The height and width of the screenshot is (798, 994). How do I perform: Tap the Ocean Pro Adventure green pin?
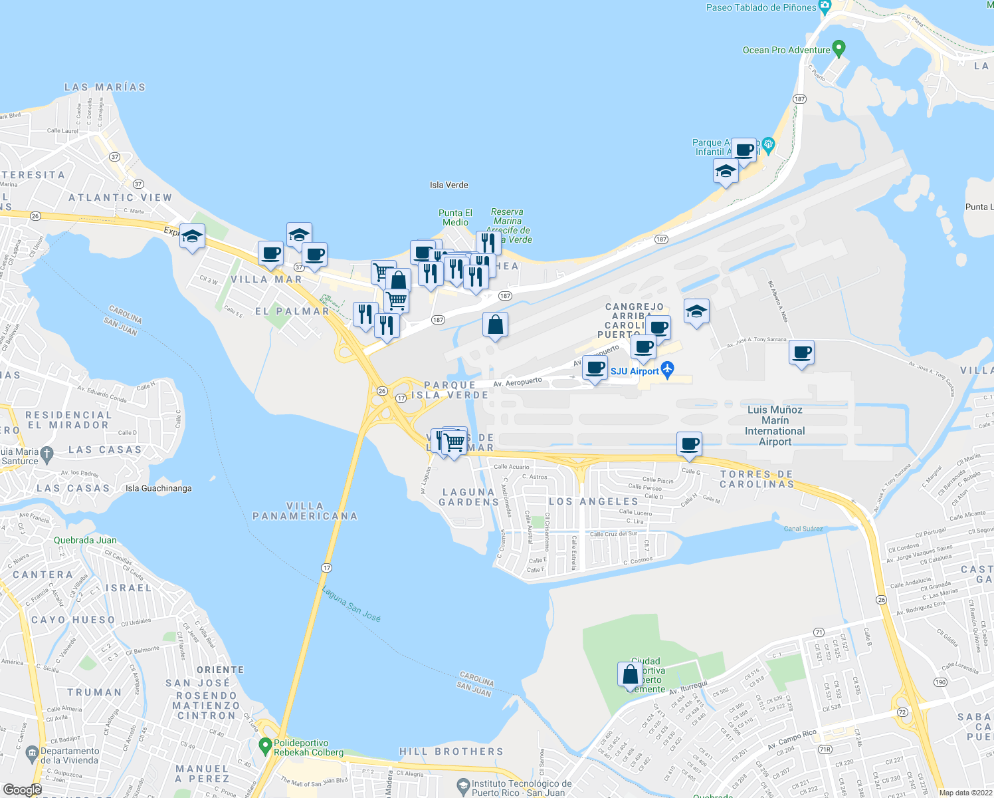coord(839,48)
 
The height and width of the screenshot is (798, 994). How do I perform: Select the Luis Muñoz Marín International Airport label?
coord(775,426)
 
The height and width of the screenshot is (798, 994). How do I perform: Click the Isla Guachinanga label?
coord(159,488)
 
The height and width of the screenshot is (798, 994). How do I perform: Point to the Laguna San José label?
coord(351,603)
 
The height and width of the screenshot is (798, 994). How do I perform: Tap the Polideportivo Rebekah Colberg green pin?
coord(265,744)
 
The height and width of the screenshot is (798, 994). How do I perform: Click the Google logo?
coord(22,790)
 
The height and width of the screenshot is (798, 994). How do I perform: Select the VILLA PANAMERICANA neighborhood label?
coord(305,511)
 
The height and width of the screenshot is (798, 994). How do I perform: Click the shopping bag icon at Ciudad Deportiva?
coord(630,675)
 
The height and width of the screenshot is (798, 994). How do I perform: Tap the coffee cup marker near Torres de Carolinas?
coord(690,444)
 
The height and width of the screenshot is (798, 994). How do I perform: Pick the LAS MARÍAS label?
coord(105,87)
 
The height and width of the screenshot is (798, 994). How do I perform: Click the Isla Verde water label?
coord(449,185)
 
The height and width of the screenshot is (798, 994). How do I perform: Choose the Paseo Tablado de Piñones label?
coord(761,7)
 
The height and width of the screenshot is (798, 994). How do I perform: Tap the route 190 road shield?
coord(940,682)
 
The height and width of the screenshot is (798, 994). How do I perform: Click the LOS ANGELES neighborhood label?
coord(593,501)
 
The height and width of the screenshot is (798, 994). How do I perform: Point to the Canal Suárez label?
coord(803,529)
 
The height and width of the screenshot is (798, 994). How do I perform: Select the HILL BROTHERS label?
coord(451,751)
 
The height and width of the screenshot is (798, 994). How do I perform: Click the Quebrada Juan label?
coord(85,540)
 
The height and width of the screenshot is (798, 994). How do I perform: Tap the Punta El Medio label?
coord(455,217)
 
